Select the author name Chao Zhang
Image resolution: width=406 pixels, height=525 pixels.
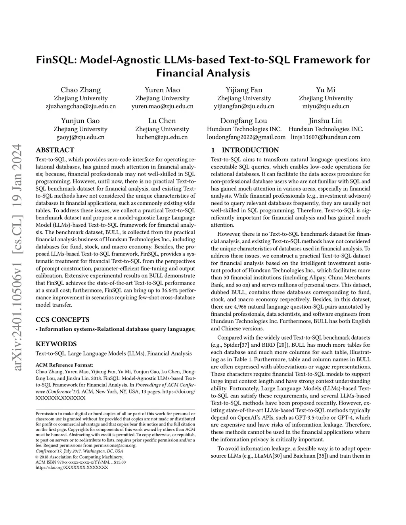pyautogui.click(x=80, y=90)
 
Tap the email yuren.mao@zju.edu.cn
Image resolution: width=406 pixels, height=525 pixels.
pyautogui.click(x=163, y=106)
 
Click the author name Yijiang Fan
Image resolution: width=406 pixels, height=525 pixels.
pyautogui.click(x=244, y=90)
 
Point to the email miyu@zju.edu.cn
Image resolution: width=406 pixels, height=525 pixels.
pyautogui.click(x=326, y=106)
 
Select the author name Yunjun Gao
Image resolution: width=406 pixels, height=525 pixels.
pyautogui.click(x=80, y=121)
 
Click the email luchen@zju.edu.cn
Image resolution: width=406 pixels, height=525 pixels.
pyautogui.click(x=162, y=137)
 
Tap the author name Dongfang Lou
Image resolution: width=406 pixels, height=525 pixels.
pyautogui.click(x=244, y=121)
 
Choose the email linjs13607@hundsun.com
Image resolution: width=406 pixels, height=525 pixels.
pyautogui.click(x=326, y=137)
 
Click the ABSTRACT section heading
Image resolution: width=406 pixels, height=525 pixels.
pyautogui.click(x=55, y=150)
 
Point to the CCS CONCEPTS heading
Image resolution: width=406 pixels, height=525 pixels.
pyautogui.click(x=63, y=320)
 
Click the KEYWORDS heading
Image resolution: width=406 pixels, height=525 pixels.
pyautogui.click(x=56, y=344)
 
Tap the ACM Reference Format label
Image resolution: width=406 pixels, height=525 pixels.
pyautogui.click(x=65, y=365)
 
